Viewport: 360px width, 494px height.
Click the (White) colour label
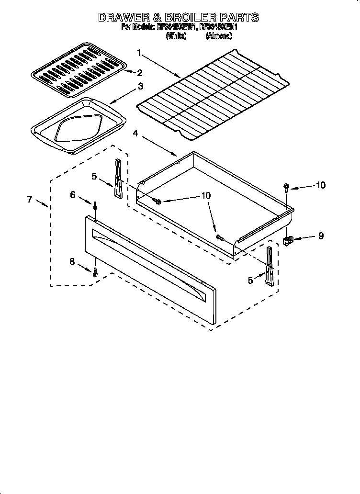[x=176, y=36]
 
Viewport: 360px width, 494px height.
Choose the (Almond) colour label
[x=219, y=36]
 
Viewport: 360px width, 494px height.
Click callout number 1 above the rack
[x=139, y=53]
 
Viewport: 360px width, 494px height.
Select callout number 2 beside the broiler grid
[x=140, y=73]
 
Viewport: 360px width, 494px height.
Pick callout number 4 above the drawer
[x=135, y=134]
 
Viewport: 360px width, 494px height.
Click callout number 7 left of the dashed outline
[x=30, y=199]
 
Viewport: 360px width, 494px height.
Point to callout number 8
[x=72, y=261]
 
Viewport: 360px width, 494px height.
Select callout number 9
[x=321, y=236]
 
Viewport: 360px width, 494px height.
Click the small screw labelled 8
[x=95, y=272]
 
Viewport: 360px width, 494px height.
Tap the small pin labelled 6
[x=95, y=207]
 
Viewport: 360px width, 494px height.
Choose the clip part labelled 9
[x=289, y=241]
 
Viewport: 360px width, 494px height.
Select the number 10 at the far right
[x=321, y=185]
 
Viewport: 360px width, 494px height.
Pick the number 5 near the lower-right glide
[x=250, y=281]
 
